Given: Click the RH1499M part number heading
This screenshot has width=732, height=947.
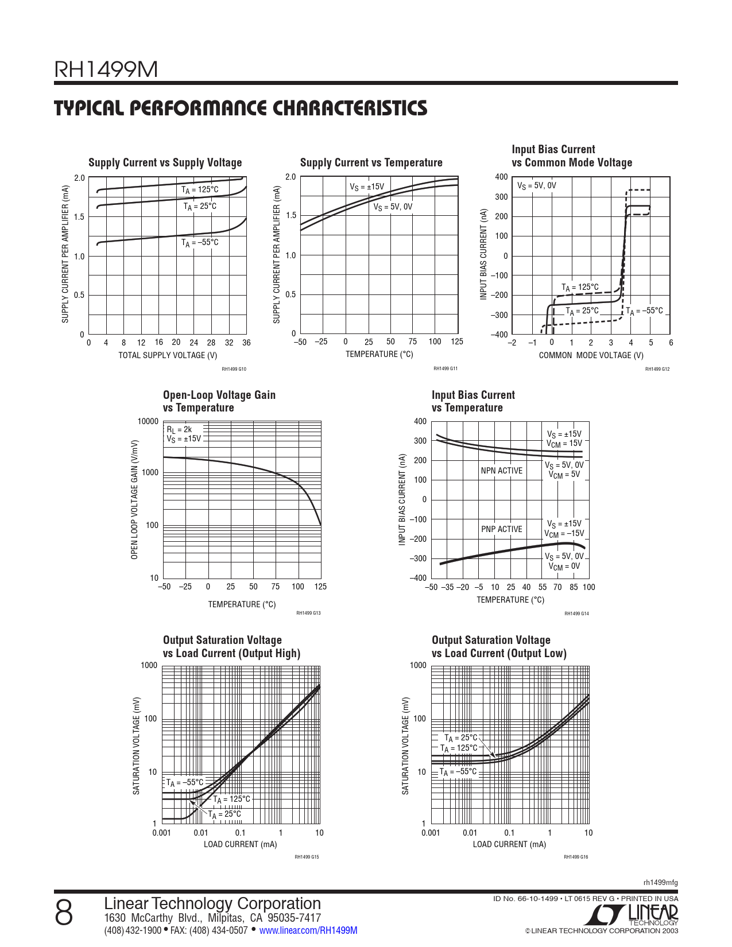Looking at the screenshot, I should point(106,70).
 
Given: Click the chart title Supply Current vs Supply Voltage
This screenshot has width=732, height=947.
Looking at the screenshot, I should point(165,162).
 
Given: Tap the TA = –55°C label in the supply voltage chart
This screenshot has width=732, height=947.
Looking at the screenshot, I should point(200,243).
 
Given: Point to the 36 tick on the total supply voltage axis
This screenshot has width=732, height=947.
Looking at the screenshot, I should point(246,343).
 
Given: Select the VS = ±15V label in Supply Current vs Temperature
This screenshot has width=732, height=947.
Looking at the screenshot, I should point(367,187).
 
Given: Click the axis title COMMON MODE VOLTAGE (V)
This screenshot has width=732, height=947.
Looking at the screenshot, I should point(591,355).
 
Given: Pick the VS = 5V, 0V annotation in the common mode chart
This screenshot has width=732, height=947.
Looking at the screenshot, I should point(537,186).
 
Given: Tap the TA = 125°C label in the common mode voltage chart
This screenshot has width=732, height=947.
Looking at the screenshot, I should point(580,288).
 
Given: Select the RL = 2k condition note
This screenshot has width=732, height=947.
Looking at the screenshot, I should point(179,429).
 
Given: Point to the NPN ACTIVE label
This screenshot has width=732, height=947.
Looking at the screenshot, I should point(502,471).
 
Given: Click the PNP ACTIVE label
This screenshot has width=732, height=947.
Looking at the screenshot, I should point(502,529).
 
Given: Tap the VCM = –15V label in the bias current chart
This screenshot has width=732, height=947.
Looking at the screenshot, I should point(564,534).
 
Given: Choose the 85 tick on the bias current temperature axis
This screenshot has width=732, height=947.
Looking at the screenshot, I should point(574,587).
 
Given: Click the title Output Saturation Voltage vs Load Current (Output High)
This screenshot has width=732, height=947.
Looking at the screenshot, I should point(231,647).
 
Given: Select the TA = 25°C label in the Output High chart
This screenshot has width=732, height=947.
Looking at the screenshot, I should point(224,814).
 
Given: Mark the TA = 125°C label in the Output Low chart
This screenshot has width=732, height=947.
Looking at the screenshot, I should point(459,748).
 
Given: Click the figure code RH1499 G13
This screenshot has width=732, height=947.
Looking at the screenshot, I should point(308,613).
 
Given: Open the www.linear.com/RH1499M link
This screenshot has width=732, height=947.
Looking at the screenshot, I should point(308,930).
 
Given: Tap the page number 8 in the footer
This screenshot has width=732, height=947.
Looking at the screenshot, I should point(64,913).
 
